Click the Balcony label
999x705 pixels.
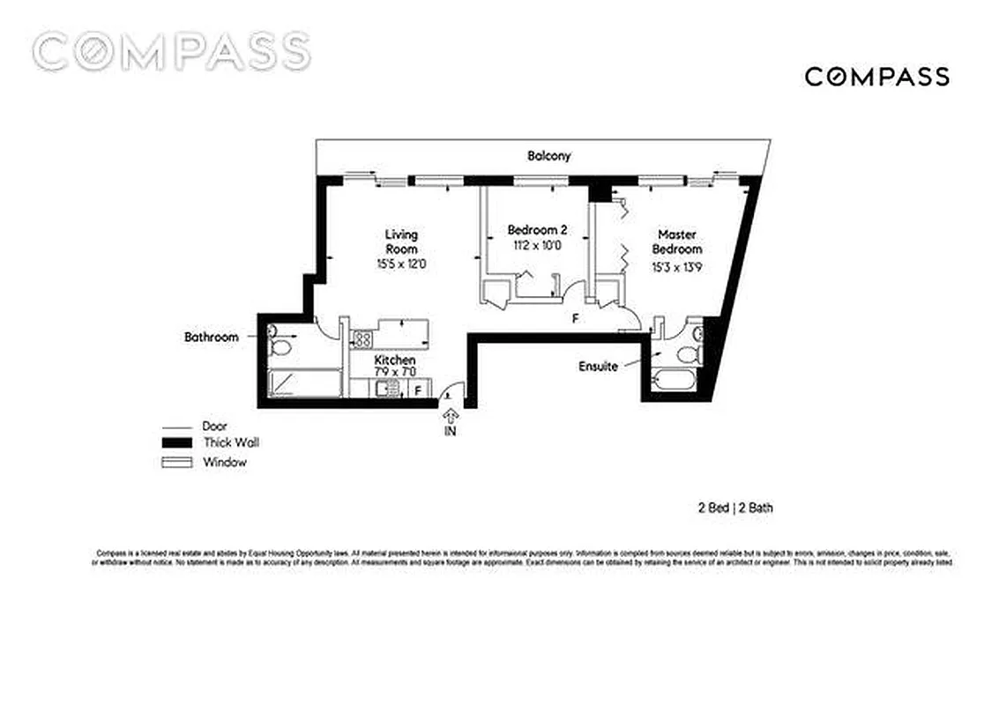coord(549,156)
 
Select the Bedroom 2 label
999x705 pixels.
coord(531,230)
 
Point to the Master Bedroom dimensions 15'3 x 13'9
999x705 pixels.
coord(677,267)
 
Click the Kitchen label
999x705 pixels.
coord(395,360)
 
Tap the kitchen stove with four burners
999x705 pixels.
coord(361,338)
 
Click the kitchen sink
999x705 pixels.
coord(361,389)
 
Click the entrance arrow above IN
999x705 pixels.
coord(451,415)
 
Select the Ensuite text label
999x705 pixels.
coord(598,366)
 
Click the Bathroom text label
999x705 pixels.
coord(211,337)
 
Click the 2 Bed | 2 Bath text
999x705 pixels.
coord(735,508)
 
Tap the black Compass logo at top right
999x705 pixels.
coord(876,77)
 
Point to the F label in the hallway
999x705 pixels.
coord(575,318)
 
